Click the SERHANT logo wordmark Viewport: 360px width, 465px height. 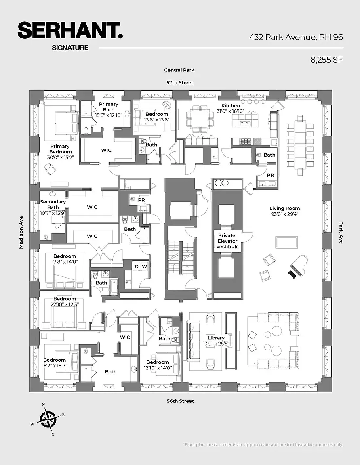pyautogui.click(x=70, y=31)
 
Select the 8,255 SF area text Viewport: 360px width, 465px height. pyautogui.click(x=326, y=60)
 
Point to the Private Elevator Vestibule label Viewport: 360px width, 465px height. pyautogui.click(x=227, y=241)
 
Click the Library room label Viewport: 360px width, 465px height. pyautogui.click(x=216, y=338)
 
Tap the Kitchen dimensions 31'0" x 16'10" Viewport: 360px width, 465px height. pyautogui.click(x=231, y=111)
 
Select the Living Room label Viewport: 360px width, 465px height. pyautogui.click(x=284, y=208)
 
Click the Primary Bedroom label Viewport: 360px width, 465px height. pyautogui.click(x=60, y=149)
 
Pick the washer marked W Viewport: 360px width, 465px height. pyautogui.click(x=145, y=266)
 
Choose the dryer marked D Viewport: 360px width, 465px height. pyautogui.click(x=136, y=266)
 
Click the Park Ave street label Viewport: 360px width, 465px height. pyautogui.click(x=341, y=232)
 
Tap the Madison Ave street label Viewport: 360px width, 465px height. pyautogui.click(x=21, y=232)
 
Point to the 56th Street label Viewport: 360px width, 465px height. pyautogui.click(x=180, y=401)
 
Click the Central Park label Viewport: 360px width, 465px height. pyautogui.click(x=179, y=70)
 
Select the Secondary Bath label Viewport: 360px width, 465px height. pyautogui.click(x=53, y=205)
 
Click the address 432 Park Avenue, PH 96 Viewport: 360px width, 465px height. pyautogui.click(x=296, y=37)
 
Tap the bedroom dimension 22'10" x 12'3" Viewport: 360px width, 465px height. pyautogui.click(x=64, y=304)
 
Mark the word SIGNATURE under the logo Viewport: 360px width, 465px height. pyautogui.click(x=70, y=48)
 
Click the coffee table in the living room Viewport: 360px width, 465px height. pyautogui.click(x=286, y=242)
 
